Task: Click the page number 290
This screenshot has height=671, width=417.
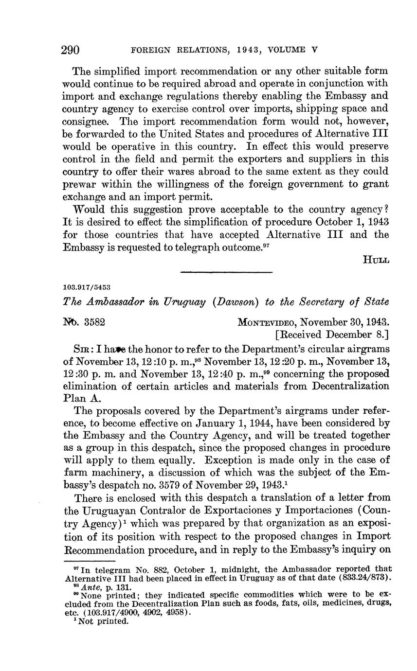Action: (x=71, y=50)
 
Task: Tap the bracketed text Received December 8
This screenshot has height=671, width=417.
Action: (x=331, y=335)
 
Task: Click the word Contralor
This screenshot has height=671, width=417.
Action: (x=163, y=510)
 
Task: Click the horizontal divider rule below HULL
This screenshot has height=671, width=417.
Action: (x=226, y=272)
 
